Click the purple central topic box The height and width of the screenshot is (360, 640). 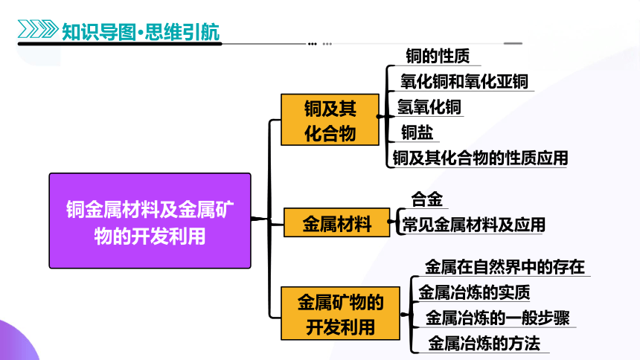tap(150, 221)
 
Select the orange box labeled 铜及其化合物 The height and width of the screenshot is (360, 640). tap(330, 120)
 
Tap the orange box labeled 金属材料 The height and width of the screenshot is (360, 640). tap(336, 222)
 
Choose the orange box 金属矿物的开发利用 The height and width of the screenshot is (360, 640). tap(340, 313)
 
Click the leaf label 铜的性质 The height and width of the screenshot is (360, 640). tap(438, 56)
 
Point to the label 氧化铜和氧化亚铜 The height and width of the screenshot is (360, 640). tap(464, 82)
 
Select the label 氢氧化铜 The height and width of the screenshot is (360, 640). tap(429, 107)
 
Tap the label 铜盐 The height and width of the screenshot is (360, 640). tap(417, 132)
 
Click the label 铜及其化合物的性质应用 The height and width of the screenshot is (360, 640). tap(480, 158)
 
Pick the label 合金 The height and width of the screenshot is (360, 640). tap(427, 199)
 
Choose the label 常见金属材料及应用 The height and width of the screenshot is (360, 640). tap(473, 225)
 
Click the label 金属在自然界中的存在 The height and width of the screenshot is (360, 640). tap(505, 267)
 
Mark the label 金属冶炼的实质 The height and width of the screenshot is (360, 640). tap(474, 292)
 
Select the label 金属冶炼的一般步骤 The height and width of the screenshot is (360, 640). tap(498, 318)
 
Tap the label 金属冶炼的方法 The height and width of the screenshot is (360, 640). tap(484, 344)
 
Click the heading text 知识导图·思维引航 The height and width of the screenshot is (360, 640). tap(141, 31)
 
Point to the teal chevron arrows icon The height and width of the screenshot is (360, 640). tap(38, 29)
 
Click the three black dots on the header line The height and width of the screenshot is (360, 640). tap(313, 44)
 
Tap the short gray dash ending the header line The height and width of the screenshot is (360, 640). tap(513, 43)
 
